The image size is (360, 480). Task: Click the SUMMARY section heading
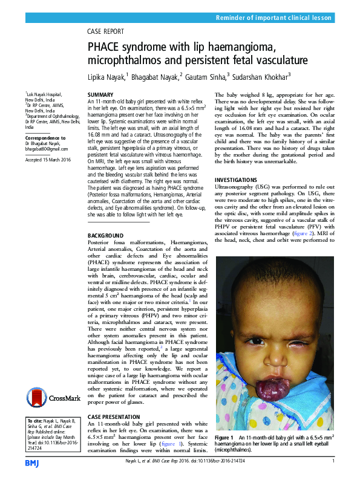(100, 96)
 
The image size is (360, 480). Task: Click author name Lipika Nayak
(106, 76)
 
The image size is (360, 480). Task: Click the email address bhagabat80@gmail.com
(46, 149)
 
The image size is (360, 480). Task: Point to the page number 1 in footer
(333, 462)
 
